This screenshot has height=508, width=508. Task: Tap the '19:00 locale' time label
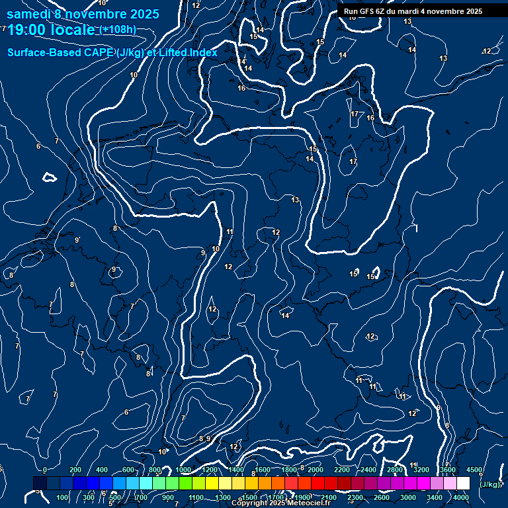[51, 30]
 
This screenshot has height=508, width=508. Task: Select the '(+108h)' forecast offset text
[118, 30]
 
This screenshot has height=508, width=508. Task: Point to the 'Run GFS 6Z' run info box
[413, 11]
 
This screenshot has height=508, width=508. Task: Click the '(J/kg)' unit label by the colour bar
[490, 484]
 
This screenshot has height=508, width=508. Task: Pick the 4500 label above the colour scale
[474, 470]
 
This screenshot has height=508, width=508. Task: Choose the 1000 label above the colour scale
[183, 470]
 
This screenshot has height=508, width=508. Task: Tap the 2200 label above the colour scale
[342, 470]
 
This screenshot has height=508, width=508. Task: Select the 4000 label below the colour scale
[461, 497]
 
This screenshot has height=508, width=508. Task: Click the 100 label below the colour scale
[63, 497]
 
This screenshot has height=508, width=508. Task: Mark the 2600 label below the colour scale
[382, 497]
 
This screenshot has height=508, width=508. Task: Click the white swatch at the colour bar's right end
[463, 484]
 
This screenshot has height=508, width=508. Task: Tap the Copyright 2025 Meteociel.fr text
[280, 503]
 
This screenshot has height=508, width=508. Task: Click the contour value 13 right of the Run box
[407, 22]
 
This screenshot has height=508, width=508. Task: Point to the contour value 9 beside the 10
[203, 253]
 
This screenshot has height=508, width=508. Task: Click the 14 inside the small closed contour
[286, 316]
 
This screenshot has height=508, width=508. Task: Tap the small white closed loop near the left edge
[48, 177]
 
